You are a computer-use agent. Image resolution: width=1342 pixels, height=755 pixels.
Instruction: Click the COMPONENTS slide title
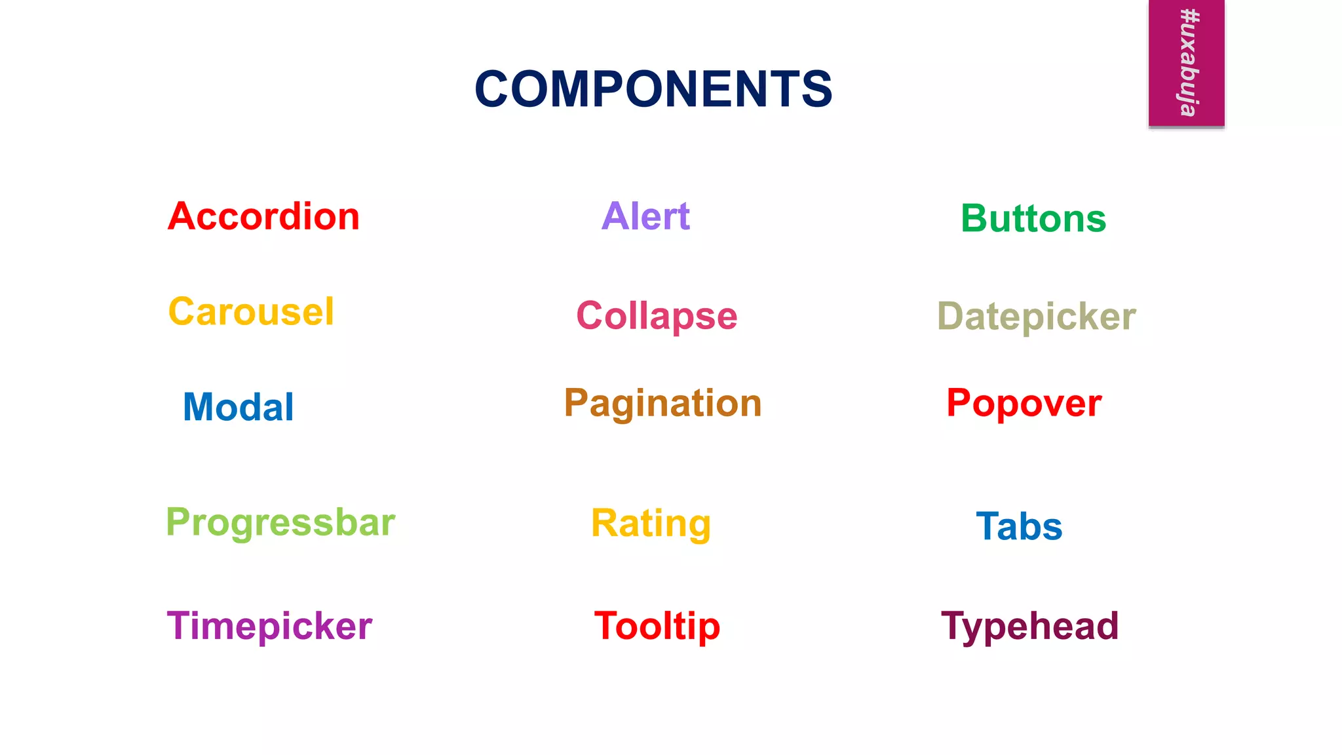(x=653, y=89)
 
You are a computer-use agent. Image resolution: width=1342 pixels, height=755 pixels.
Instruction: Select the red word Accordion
(x=263, y=216)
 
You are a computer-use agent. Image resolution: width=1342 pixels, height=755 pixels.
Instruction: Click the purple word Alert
(x=645, y=216)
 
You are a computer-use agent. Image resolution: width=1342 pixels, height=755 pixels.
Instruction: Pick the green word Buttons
(x=1033, y=218)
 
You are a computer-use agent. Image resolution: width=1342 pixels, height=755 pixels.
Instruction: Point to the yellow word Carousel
(x=251, y=312)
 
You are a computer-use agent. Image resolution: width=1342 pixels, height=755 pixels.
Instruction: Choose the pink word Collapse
(x=657, y=316)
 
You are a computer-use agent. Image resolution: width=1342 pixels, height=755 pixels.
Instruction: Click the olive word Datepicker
(x=1037, y=317)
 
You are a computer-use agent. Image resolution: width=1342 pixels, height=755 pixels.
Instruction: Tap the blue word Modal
(x=239, y=407)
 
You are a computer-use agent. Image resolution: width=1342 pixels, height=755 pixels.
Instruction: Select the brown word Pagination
(x=663, y=403)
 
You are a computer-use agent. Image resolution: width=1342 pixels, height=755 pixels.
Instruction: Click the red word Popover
(x=1024, y=403)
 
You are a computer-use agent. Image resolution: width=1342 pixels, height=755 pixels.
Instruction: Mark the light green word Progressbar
(x=280, y=523)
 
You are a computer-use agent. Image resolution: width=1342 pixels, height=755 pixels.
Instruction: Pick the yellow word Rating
(x=651, y=523)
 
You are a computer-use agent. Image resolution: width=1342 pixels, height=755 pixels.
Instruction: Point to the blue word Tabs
(x=1019, y=526)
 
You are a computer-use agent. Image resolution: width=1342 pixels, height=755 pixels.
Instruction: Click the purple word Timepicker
(x=269, y=626)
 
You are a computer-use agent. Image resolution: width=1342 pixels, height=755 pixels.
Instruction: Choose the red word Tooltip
(x=657, y=626)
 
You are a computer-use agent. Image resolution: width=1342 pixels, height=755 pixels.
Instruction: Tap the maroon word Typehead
(x=1030, y=626)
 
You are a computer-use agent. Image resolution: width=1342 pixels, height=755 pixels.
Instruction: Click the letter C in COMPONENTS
(x=494, y=89)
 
